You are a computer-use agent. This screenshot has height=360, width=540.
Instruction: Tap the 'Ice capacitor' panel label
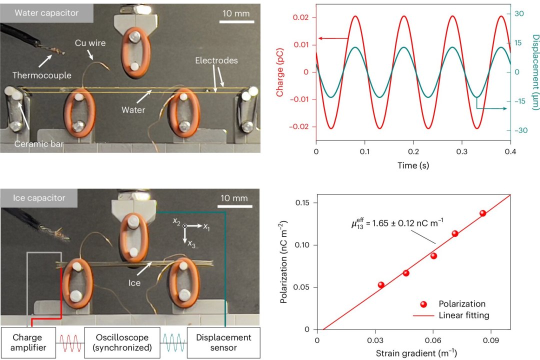click(x=39, y=198)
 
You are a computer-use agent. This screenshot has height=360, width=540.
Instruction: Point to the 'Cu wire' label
click(x=90, y=43)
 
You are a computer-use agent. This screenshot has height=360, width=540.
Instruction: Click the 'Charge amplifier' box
click(x=27, y=342)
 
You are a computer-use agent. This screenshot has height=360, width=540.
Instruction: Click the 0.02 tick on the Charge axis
click(x=304, y=17)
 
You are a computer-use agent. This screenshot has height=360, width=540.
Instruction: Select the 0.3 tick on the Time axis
click(x=461, y=150)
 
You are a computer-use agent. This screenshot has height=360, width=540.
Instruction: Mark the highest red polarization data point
click(x=482, y=213)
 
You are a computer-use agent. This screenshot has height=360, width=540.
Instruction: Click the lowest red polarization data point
click(x=381, y=285)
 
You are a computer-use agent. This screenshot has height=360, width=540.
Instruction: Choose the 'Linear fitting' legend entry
click(x=463, y=315)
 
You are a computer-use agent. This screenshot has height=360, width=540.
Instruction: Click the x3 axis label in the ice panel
click(x=191, y=244)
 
